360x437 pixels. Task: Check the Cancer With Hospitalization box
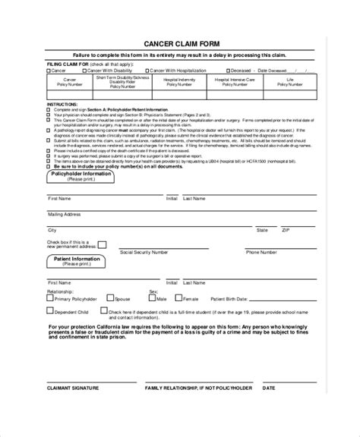(151, 71)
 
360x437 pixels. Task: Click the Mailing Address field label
(64, 215)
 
